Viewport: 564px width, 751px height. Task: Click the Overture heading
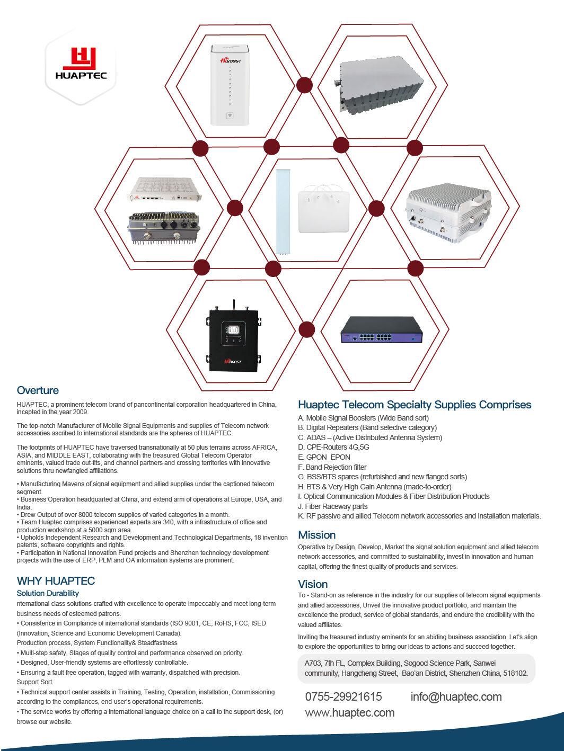38,390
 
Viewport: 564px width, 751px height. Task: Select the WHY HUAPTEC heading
56,580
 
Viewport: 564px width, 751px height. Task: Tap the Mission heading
316,534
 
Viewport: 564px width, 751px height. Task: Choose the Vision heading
313,584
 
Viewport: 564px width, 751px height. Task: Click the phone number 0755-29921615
343,696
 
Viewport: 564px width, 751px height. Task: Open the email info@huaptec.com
456,696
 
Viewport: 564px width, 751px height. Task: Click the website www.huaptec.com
349,712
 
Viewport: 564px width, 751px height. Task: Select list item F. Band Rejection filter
332,467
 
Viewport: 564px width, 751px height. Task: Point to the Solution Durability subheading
48,593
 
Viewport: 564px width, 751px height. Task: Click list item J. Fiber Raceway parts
332,506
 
